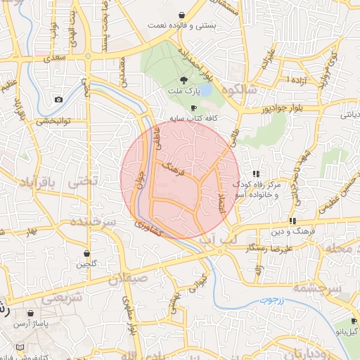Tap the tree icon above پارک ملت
[184, 80]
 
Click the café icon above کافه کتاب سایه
[193, 107]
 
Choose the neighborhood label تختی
[84, 181]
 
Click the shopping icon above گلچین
[86, 253]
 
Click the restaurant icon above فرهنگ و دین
[292, 221]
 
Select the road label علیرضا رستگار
[269, 249]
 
